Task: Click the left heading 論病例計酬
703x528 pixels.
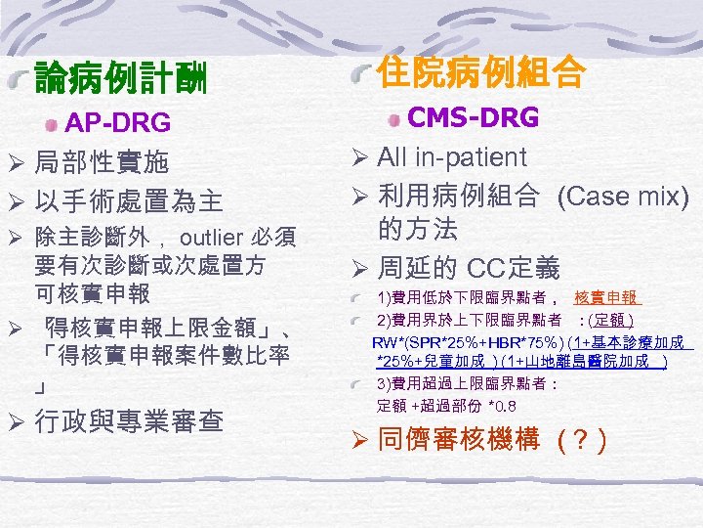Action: coord(120,78)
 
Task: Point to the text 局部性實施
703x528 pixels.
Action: coord(101,161)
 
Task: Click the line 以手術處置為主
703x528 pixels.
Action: coord(128,202)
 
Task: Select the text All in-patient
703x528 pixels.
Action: coord(451,156)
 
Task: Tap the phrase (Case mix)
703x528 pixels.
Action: coord(622,197)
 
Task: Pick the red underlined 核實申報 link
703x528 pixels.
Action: coord(606,297)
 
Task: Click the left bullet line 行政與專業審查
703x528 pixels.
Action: coord(129,421)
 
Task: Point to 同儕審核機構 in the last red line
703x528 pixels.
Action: coord(458,441)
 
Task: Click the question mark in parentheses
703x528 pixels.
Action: coord(582,442)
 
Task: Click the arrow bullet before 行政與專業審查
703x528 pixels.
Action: coord(16,422)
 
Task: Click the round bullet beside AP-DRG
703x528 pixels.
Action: coord(51,124)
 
